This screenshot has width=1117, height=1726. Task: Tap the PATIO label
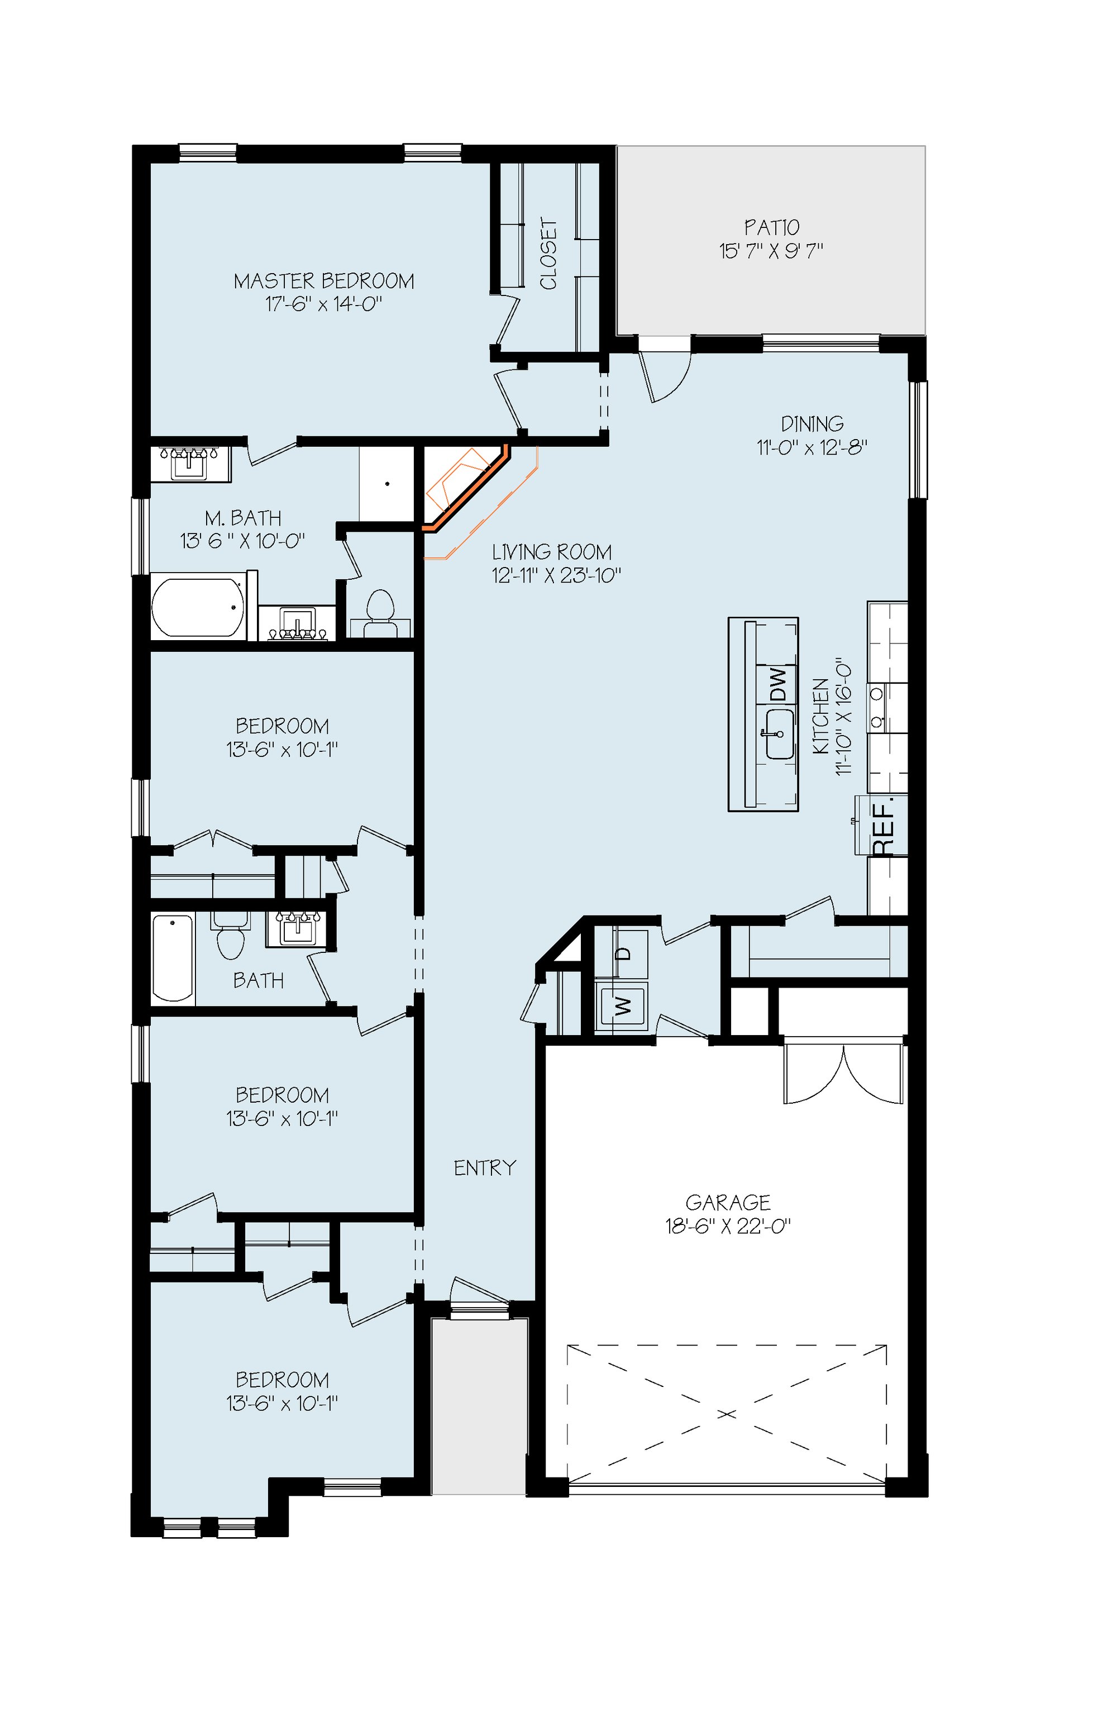click(772, 228)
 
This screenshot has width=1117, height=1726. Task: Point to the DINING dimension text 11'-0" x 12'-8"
click(813, 447)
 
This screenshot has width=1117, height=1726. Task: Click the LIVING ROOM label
click(552, 552)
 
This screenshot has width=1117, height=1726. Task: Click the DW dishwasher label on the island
click(777, 684)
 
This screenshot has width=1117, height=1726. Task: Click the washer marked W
click(622, 1006)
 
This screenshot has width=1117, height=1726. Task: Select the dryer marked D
click(622, 953)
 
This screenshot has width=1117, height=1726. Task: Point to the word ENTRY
click(485, 1167)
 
